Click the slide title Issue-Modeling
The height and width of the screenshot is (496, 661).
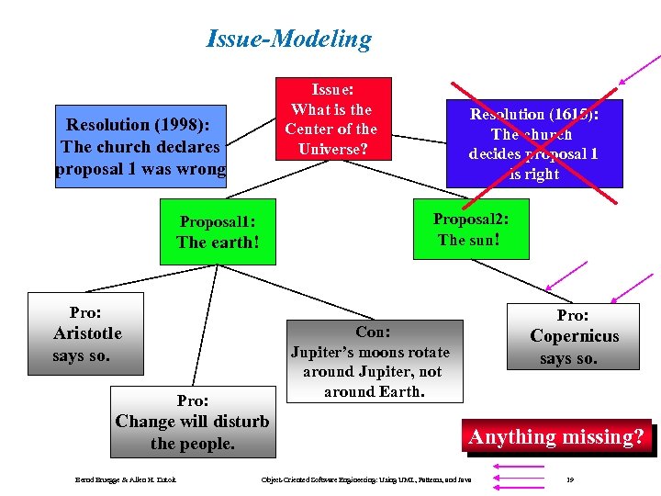point(289,39)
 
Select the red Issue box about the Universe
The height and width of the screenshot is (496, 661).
point(331,118)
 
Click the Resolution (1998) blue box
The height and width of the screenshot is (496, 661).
point(140,147)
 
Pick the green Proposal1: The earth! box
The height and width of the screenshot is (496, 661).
point(218,232)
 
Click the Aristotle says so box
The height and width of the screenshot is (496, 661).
point(85,333)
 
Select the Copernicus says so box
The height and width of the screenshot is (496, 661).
point(573,336)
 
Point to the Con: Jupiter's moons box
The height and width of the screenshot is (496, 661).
point(370,362)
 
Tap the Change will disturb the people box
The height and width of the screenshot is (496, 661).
point(193,422)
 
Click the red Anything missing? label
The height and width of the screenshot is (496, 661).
point(557,437)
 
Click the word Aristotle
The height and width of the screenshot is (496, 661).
point(87,333)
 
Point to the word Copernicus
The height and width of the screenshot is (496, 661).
point(575,336)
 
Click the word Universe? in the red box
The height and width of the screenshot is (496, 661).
point(331,147)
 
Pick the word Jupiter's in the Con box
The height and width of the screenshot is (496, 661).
point(322,352)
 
